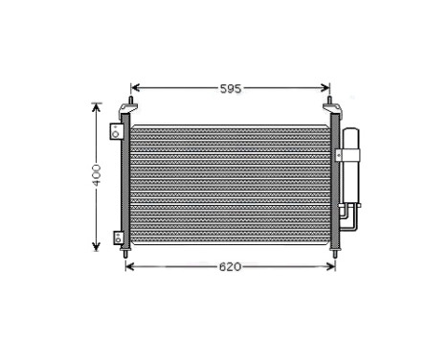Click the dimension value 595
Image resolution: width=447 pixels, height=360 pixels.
pyautogui.click(x=230, y=88)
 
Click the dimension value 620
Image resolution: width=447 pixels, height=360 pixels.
pyautogui.click(x=230, y=265)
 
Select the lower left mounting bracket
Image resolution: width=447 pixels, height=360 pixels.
pyautogui.click(x=117, y=237)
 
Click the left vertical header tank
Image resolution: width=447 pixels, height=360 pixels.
pyautogui.click(x=125, y=182)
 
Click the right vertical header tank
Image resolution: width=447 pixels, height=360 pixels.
pyautogui.click(x=333, y=182)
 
